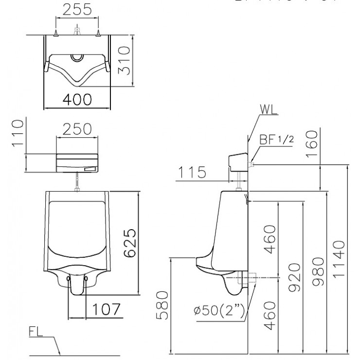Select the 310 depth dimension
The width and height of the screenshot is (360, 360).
click(124, 60)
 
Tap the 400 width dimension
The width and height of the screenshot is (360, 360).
click(77, 99)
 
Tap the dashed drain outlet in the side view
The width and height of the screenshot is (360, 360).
click(246, 279)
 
